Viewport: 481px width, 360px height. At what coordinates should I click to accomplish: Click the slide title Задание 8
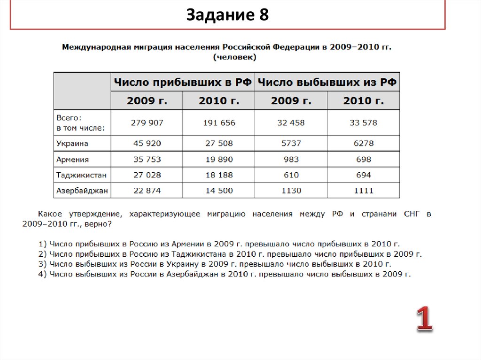pyautogui.click(x=228, y=15)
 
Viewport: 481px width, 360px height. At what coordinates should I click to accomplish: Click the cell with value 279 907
pyautogui.click(x=147, y=123)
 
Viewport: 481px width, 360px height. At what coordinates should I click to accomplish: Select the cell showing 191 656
pyautogui.click(x=219, y=123)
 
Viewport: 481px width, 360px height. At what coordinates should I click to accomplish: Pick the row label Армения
pyautogui.click(x=72, y=160)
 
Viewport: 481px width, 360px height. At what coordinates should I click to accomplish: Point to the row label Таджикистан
pyautogui.click(x=81, y=175)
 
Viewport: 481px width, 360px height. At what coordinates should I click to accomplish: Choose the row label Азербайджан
pyautogui.click(x=82, y=191)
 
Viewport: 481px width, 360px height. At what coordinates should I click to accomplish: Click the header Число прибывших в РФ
pyautogui.click(x=183, y=83)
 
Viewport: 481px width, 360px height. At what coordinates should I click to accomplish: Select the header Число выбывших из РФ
pyautogui.click(x=327, y=83)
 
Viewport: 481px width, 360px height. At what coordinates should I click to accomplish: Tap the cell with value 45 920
pyautogui.click(x=147, y=144)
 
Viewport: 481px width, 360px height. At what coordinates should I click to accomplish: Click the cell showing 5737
pyautogui.click(x=291, y=144)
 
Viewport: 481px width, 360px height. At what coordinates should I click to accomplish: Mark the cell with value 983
pyautogui.click(x=291, y=160)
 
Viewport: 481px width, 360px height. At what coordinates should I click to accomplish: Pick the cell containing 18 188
pyautogui.click(x=219, y=175)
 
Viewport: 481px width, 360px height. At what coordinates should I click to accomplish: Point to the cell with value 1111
pyautogui.click(x=364, y=191)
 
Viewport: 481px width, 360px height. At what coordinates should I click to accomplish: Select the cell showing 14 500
pyautogui.click(x=219, y=191)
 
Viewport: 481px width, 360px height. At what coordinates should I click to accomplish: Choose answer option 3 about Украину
pyautogui.click(x=216, y=264)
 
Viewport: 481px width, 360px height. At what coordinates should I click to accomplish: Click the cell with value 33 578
pyautogui.click(x=364, y=123)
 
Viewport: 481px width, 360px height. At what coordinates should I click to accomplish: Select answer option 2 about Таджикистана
pyautogui.click(x=231, y=254)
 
